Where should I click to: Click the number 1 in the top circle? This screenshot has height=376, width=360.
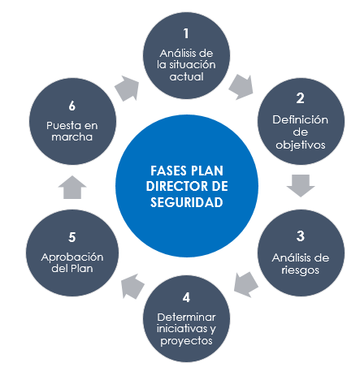[x=186, y=33]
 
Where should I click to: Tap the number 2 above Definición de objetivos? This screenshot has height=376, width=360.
[x=300, y=98]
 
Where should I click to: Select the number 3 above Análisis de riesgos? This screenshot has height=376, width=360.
[x=301, y=236]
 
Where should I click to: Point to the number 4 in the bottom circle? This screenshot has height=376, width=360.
[x=186, y=297]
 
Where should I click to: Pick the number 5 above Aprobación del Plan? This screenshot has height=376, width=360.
[x=72, y=237]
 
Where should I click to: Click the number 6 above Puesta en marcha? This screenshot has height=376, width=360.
[x=72, y=106]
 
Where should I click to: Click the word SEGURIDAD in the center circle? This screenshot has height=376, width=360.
[x=187, y=202]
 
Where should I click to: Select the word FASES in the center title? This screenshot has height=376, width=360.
[x=168, y=171]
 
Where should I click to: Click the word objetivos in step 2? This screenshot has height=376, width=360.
[x=301, y=145]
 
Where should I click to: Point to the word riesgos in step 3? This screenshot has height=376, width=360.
[x=300, y=270]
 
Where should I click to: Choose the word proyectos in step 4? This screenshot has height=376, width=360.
[x=186, y=341]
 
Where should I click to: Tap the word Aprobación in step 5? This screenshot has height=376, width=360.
[x=72, y=257]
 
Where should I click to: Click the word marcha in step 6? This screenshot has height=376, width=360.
[x=72, y=136]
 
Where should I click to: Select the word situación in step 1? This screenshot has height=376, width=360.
[x=193, y=65]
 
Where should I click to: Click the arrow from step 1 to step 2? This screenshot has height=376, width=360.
[x=241, y=87]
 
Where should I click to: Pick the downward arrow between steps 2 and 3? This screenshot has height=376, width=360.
[x=301, y=186]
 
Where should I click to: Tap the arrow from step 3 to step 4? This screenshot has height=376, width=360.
[x=245, y=284]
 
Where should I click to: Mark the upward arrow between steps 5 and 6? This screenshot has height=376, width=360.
[x=72, y=187]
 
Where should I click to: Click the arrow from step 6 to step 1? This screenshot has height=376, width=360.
[x=127, y=89]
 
